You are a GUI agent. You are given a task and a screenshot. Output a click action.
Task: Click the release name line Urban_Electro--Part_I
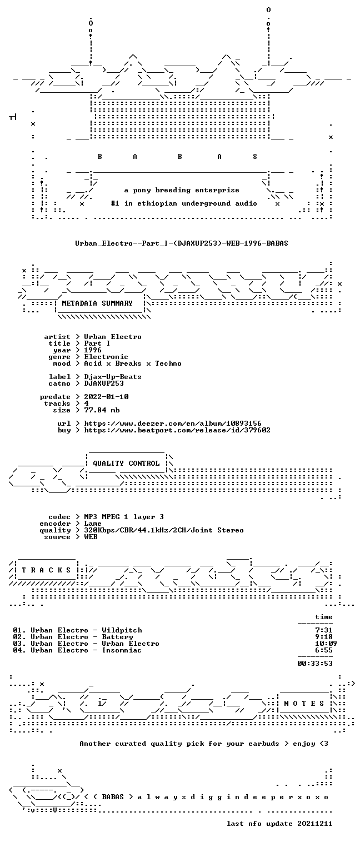tap(182, 243)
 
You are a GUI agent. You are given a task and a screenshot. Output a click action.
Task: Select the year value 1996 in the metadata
tap(93, 350)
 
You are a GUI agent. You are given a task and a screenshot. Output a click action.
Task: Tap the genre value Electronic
tap(106, 357)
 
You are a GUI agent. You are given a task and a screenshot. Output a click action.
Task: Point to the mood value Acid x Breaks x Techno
tap(133, 364)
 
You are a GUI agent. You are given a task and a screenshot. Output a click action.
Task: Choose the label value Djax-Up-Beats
tap(113, 377)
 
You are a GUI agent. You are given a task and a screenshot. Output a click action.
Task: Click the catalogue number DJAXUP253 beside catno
tap(104, 383)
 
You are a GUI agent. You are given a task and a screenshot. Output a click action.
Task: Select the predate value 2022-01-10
tap(106, 397)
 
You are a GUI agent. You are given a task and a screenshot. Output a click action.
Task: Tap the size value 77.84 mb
tap(102, 410)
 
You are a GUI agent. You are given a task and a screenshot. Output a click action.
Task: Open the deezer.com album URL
tap(172, 423)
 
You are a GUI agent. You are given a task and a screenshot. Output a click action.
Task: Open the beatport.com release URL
tap(177, 430)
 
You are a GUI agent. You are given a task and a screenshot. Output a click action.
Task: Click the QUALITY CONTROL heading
tap(126, 464)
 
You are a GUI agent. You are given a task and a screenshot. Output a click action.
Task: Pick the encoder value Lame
tap(93, 524)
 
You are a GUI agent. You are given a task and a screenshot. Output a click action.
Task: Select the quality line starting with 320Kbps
tap(164, 531)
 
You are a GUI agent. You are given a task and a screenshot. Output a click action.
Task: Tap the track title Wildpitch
tap(122, 630)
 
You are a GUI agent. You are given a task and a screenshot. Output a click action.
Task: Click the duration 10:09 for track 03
tap(326, 644)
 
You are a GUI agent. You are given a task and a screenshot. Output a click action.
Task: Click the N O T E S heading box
tap(304, 704)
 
